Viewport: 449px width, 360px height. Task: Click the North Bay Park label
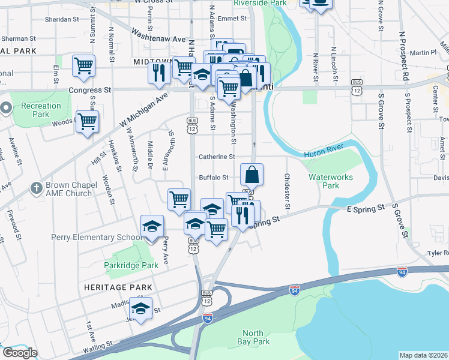pyautogui.click(x=256, y=337)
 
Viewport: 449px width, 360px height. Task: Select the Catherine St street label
pyautogui.click(x=217, y=157)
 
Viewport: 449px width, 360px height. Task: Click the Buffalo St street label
pyautogui.click(x=214, y=178)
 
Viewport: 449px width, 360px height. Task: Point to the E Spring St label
pyautogui.click(x=365, y=208)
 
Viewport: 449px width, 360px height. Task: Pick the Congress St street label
pyautogui.click(x=90, y=91)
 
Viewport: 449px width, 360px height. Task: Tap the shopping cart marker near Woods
pyautogui.click(x=88, y=122)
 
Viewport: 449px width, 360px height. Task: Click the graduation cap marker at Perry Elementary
pyautogui.click(x=152, y=227)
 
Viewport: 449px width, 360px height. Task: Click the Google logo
pyautogui.click(x=20, y=353)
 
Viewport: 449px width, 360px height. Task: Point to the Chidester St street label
pyautogui.click(x=287, y=191)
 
